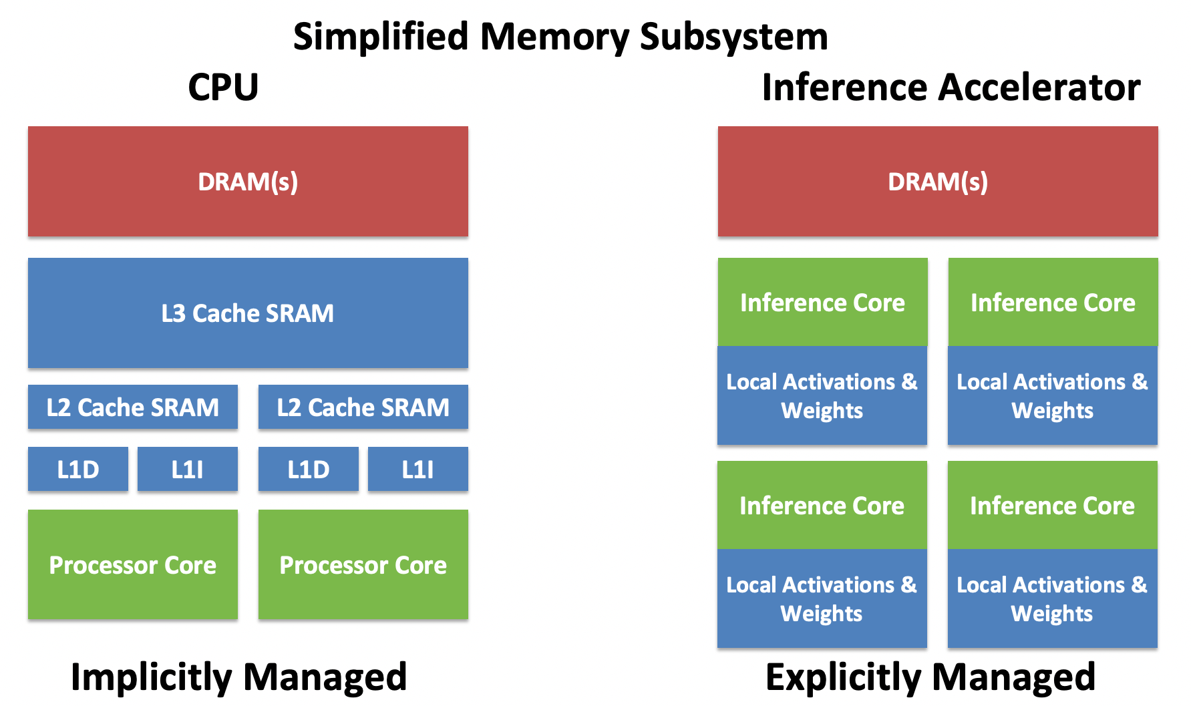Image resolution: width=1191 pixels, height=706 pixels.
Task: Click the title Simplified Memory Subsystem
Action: [x=560, y=37]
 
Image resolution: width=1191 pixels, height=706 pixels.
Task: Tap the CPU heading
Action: [x=223, y=87]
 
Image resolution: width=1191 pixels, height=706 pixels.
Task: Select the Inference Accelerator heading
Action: [x=951, y=87]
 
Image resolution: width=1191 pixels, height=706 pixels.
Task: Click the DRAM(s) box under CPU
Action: [x=248, y=182]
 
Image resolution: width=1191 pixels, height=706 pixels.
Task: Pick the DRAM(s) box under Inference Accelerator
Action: [x=938, y=182]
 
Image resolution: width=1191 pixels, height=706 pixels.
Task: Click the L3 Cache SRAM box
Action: [x=248, y=313]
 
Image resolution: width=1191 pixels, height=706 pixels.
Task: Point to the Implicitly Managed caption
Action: [x=238, y=678]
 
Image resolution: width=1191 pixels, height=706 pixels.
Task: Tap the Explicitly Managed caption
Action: [x=930, y=678]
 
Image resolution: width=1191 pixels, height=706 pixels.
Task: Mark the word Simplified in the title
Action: [x=381, y=37]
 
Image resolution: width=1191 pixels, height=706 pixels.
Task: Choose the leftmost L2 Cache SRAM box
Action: [x=133, y=407]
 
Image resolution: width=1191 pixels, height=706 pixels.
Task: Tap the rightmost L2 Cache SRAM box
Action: [x=363, y=407]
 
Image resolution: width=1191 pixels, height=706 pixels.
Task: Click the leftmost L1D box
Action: [x=78, y=469]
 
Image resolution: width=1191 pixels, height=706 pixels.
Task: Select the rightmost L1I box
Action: [x=418, y=469]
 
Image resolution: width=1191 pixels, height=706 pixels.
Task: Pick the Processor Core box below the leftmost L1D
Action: [x=133, y=564]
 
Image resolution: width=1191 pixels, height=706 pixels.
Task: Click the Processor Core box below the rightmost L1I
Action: [x=363, y=564]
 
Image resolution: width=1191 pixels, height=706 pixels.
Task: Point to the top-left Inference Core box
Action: [x=823, y=302]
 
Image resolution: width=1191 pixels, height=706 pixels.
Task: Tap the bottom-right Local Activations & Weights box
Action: [x=1053, y=598]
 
